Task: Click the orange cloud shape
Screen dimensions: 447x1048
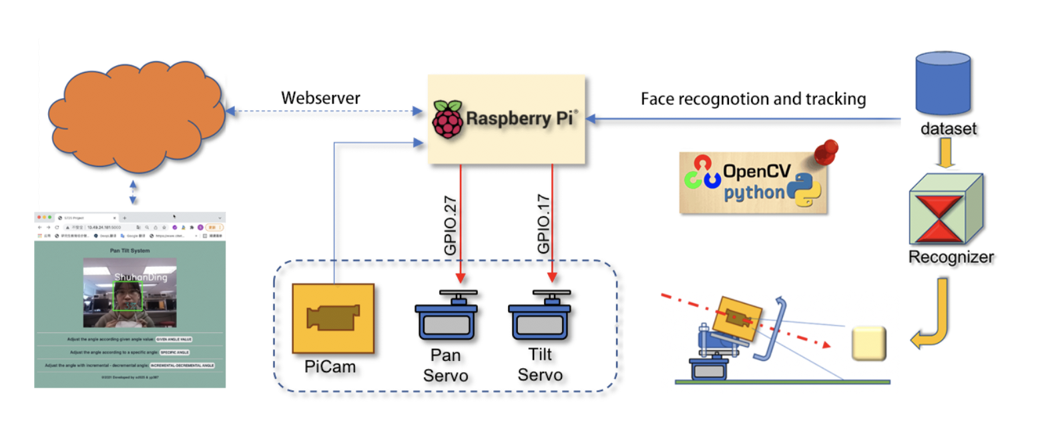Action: (x=137, y=117)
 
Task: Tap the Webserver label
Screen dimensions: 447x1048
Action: (x=320, y=98)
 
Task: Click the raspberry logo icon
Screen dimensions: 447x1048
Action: (x=447, y=119)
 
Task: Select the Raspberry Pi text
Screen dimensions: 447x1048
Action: (x=520, y=119)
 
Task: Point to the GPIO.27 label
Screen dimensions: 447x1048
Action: (x=451, y=226)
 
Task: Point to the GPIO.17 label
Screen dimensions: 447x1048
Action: (x=544, y=224)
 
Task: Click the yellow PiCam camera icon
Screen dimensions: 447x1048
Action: (x=333, y=318)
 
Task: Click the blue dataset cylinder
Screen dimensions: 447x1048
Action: (x=943, y=83)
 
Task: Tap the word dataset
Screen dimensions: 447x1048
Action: (x=948, y=129)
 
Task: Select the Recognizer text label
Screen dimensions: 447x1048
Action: (x=951, y=257)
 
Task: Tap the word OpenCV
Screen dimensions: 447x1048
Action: (x=756, y=172)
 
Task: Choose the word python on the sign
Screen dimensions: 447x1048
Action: (x=754, y=193)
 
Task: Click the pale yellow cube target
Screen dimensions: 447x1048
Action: (x=868, y=344)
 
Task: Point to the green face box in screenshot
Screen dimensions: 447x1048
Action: (x=127, y=296)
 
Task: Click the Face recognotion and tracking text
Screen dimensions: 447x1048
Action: (x=753, y=99)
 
